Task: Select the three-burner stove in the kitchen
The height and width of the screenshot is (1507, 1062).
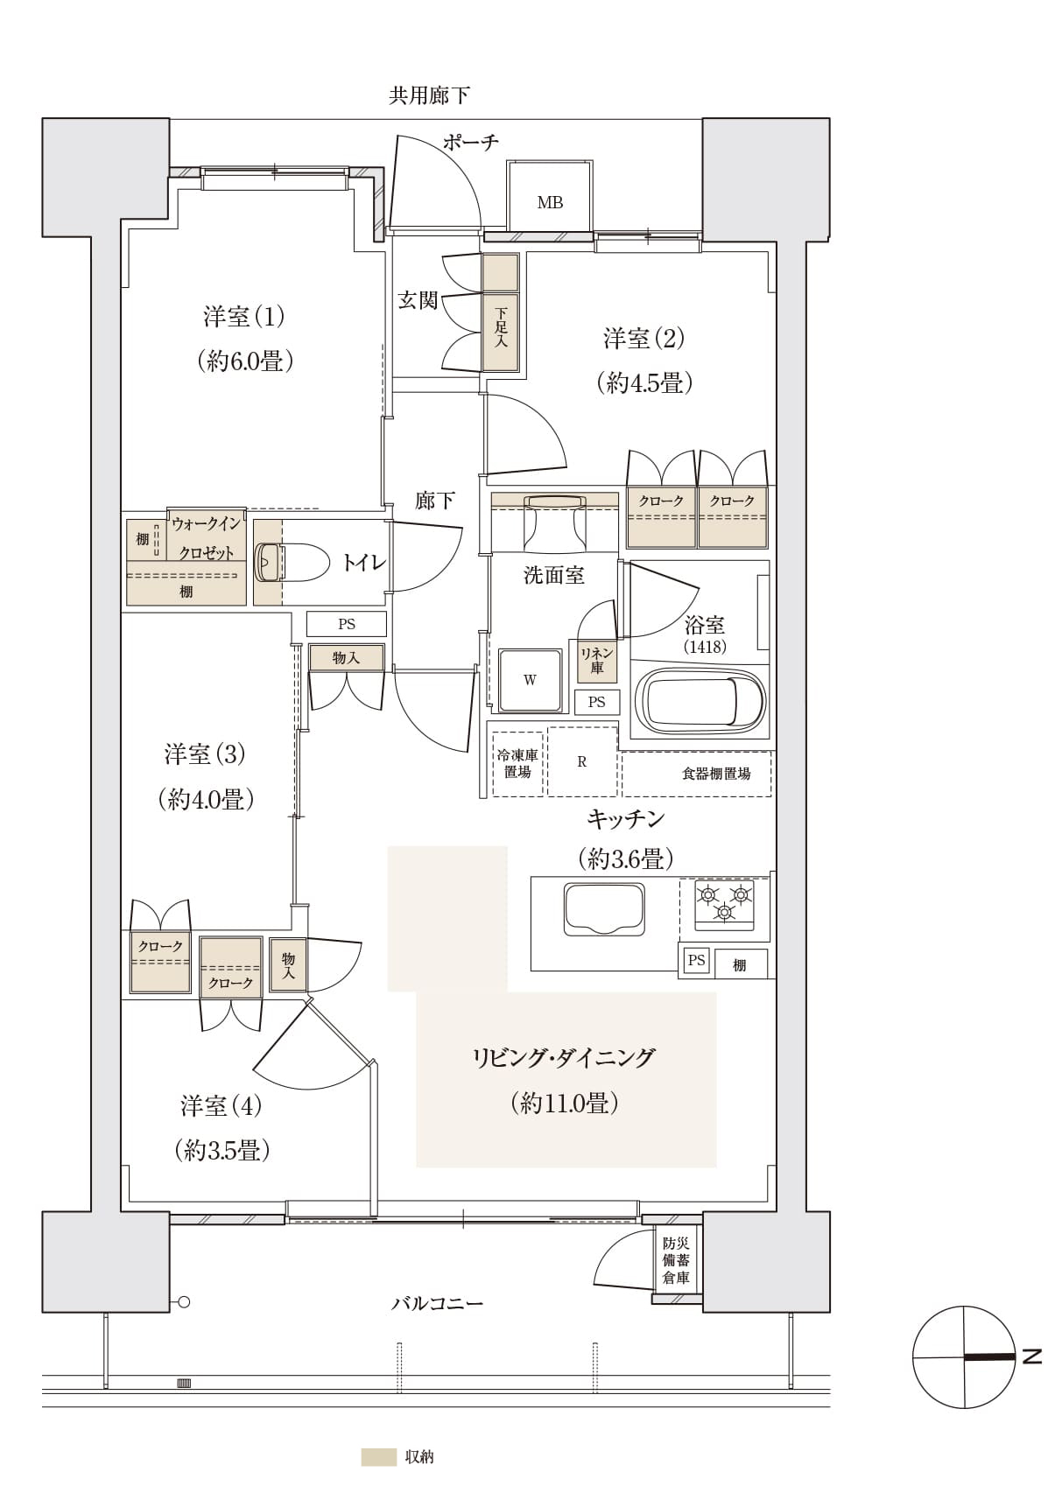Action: coord(723,904)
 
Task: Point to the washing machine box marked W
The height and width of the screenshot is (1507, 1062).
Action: coord(530,680)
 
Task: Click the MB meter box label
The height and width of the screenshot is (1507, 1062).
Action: coord(550,202)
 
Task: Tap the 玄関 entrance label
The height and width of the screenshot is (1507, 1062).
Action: coord(418,300)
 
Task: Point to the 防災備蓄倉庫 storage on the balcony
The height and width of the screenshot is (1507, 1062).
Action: coord(676,1260)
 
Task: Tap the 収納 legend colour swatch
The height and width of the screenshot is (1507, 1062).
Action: coord(378,1457)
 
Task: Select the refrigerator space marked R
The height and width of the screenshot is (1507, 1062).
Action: coord(582,761)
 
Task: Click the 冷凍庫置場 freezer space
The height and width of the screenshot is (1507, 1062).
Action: coord(517,763)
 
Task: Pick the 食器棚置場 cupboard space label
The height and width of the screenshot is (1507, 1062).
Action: coord(716,774)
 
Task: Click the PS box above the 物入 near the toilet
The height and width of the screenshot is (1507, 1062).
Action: coord(347,624)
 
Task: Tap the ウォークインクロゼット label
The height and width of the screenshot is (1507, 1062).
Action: coord(206,538)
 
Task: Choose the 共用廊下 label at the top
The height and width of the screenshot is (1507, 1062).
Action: coord(429,95)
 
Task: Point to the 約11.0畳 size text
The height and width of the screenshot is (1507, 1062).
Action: coord(565,1103)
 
